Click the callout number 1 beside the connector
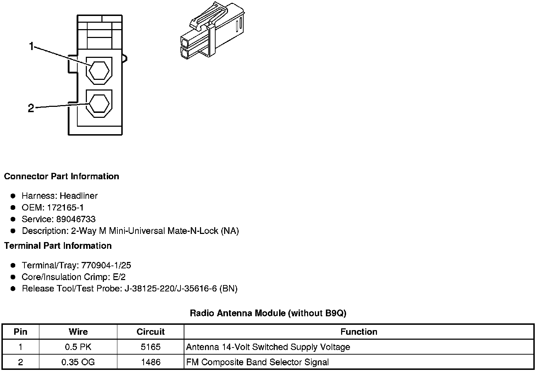[x=32, y=46]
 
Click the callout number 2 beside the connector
[x=31, y=108]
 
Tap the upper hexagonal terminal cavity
[x=99, y=70]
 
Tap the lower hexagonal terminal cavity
[x=99, y=103]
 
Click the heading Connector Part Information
[x=62, y=176]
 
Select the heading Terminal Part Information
[x=58, y=246]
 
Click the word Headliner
[x=79, y=196]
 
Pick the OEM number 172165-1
[x=65, y=207]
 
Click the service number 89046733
[x=76, y=219]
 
